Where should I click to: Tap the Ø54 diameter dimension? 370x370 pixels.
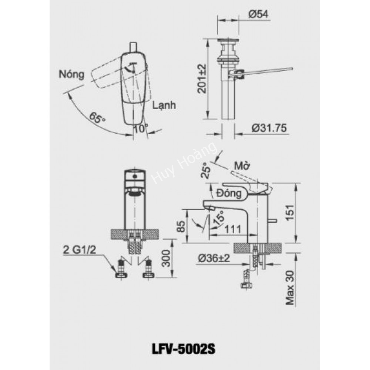point(258,14)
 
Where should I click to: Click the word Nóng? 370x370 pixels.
point(71,74)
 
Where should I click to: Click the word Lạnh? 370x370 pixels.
point(164,105)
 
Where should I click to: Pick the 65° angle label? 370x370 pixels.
point(97,118)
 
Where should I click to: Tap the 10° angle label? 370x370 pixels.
point(141,128)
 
